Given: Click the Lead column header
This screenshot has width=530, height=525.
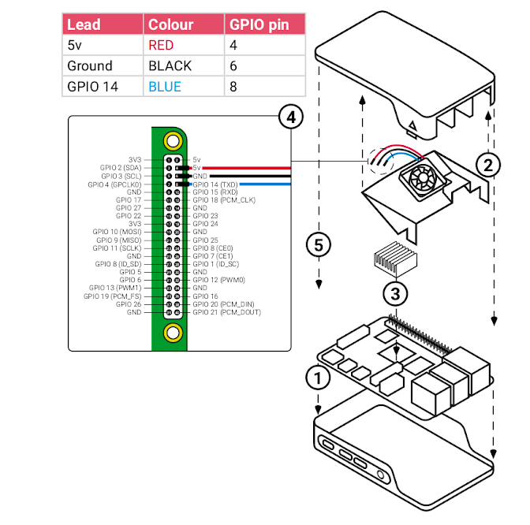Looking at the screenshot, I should click(x=84, y=24).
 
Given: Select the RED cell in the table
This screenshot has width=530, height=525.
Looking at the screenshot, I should click(x=161, y=45).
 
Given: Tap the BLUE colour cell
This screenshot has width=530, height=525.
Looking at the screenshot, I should click(x=165, y=86).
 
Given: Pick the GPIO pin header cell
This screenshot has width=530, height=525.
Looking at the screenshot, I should click(x=259, y=24).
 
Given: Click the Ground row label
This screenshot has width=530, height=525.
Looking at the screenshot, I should click(x=90, y=65).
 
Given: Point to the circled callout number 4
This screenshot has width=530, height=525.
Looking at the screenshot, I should click(x=291, y=117).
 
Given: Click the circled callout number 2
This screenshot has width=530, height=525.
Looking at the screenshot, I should click(x=488, y=165).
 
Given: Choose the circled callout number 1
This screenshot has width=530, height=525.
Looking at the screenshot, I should click(x=317, y=378).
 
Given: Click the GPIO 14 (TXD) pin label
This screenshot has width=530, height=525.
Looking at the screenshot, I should click(x=215, y=184).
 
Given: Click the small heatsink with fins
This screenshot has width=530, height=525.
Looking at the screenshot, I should click(x=391, y=257).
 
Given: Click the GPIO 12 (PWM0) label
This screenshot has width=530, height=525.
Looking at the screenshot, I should click(x=218, y=280).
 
